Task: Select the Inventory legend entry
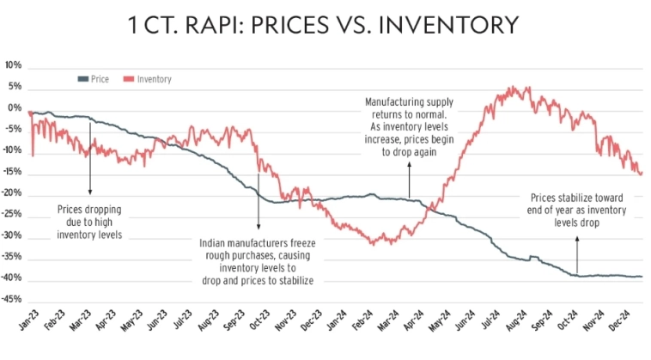[x=154, y=78]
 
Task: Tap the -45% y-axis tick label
[x=12, y=300]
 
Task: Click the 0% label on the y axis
[x=15, y=108]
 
